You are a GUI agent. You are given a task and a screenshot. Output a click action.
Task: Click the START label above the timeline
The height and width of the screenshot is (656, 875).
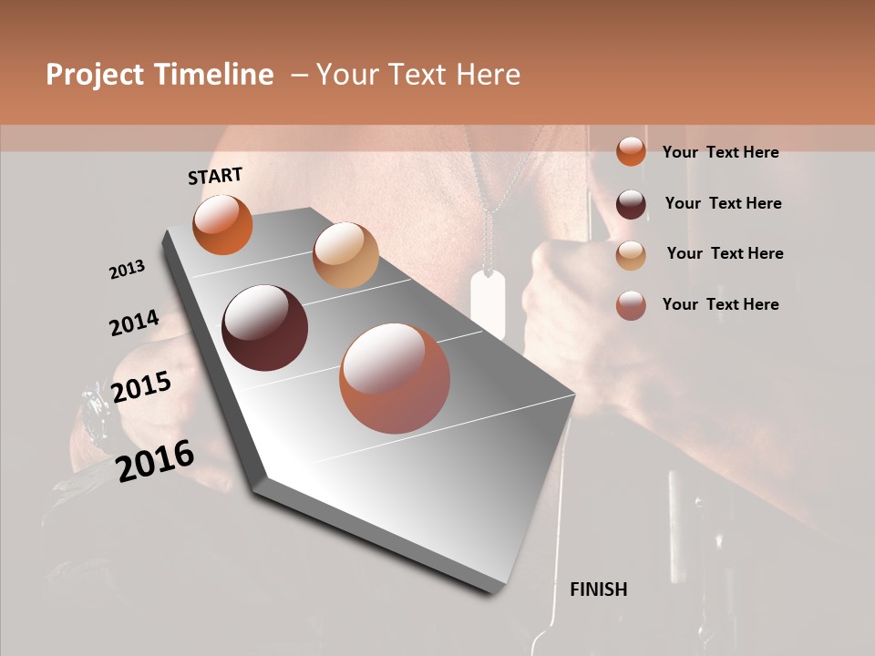[215, 176]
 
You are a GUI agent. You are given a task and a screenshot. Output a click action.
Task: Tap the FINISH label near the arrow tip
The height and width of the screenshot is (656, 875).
[598, 589]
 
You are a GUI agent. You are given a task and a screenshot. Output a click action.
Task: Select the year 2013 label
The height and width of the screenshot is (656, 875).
[127, 270]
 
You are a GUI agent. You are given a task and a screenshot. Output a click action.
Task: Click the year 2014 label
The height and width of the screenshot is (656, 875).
[134, 323]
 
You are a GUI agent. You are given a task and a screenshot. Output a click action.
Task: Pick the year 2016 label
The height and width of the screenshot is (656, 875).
[155, 461]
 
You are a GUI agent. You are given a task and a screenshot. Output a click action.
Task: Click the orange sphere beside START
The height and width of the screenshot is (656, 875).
[222, 224]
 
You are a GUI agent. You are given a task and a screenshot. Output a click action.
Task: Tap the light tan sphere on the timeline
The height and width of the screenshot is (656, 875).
[345, 255]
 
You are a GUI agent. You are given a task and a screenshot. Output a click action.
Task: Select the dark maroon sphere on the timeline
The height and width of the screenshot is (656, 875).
[264, 328]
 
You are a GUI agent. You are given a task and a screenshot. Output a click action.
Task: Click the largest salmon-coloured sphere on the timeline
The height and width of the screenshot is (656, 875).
[395, 378]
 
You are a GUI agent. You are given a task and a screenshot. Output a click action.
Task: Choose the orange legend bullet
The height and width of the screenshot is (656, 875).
[631, 152]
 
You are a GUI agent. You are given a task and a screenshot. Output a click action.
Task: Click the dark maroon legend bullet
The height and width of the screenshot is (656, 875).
[631, 203]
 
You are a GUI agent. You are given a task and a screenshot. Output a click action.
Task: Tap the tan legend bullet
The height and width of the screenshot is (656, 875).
[631, 254]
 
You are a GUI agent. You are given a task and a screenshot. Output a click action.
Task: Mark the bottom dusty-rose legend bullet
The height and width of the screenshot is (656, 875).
[631, 304]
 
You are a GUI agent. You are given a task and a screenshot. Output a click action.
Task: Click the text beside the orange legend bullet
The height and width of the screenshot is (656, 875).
[720, 152]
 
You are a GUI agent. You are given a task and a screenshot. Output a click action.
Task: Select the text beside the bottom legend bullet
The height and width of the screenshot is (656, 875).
[720, 304]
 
